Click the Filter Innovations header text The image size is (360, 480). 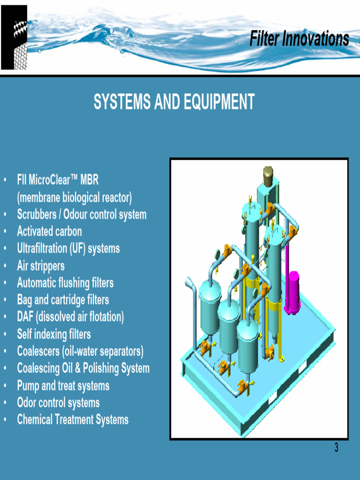click(x=299, y=39)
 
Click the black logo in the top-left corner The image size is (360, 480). click(x=14, y=37)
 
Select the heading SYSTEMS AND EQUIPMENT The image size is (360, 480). click(x=174, y=102)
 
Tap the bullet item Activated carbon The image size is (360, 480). click(x=49, y=232)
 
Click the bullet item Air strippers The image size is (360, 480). click(x=41, y=266)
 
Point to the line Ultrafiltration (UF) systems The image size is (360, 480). click(x=68, y=248)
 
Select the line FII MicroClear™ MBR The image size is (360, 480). click(x=58, y=180)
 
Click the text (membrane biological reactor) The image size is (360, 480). click(x=75, y=197)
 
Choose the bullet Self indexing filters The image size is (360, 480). click(x=54, y=334)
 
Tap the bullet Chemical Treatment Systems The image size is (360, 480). click(x=73, y=420)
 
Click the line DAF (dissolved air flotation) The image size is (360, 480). click(x=70, y=317)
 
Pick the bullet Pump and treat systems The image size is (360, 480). click(x=63, y=386)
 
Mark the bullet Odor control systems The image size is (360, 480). click(x=58, y=403)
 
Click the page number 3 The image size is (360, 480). click(x=336, y=448)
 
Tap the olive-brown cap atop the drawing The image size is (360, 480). click(x=268, y=176)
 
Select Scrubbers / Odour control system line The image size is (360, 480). click(x=82, y=215)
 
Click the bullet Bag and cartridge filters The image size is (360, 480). click(x=63, y=300)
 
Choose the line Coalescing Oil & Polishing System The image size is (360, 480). click(x=83, y=368)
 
